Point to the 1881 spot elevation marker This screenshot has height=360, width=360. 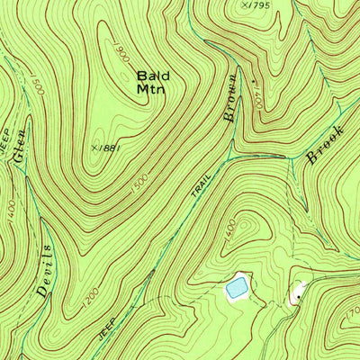(x=94, y=144)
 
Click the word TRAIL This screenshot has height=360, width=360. (x=201, y=184)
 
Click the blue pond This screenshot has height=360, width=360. (x=237, y=288)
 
